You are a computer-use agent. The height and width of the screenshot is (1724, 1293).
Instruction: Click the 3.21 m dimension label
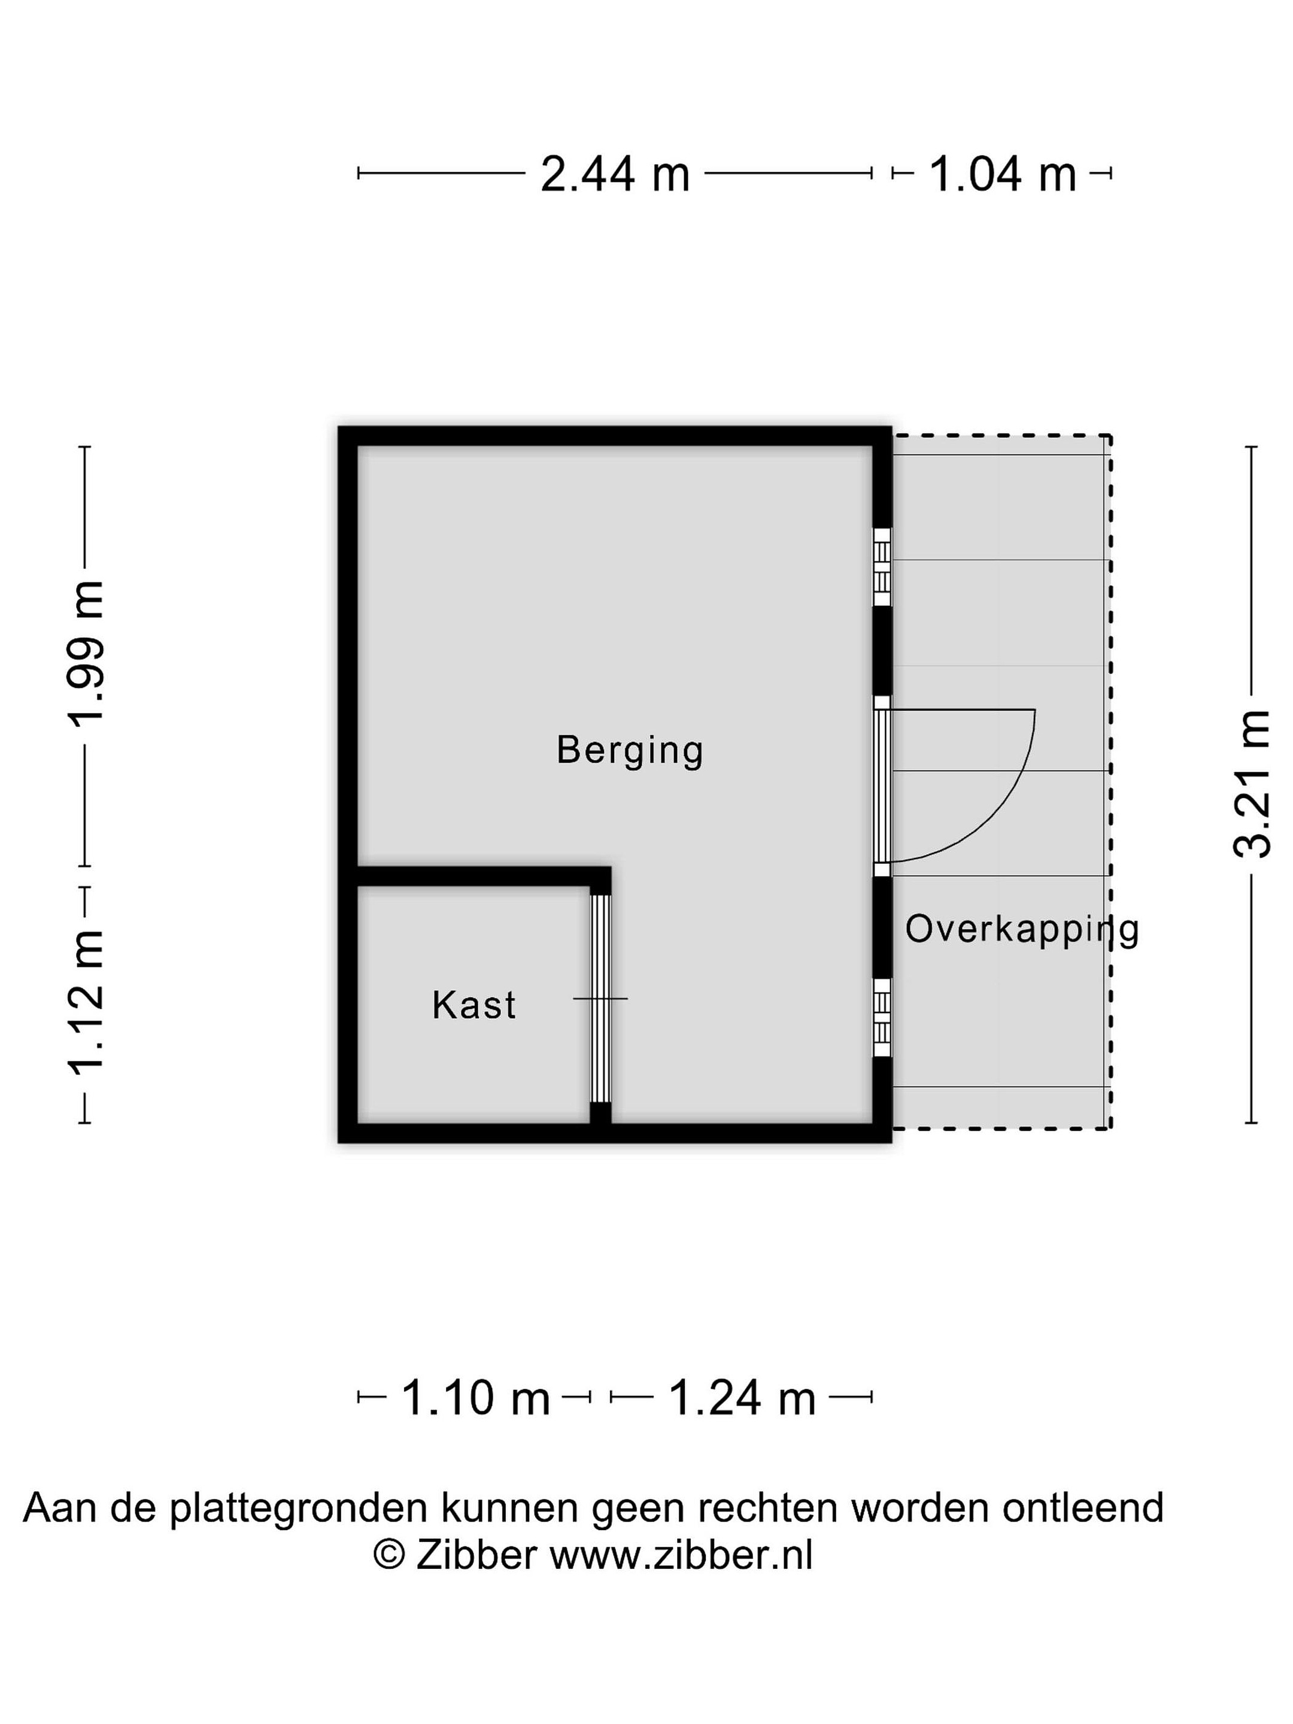pyautogui.click(x=1252, y=784)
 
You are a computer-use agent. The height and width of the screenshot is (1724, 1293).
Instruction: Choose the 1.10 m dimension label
pyautogui.click(x=475, y=1397)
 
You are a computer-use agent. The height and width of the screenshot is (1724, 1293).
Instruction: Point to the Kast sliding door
pyautogui.click(x=600, y=998)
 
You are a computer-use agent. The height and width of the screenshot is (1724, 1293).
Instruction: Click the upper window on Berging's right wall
pyautogui.click(x=882, y=567)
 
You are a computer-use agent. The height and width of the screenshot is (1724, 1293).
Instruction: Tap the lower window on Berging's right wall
pyautogui.click(x=882, y=1018)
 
